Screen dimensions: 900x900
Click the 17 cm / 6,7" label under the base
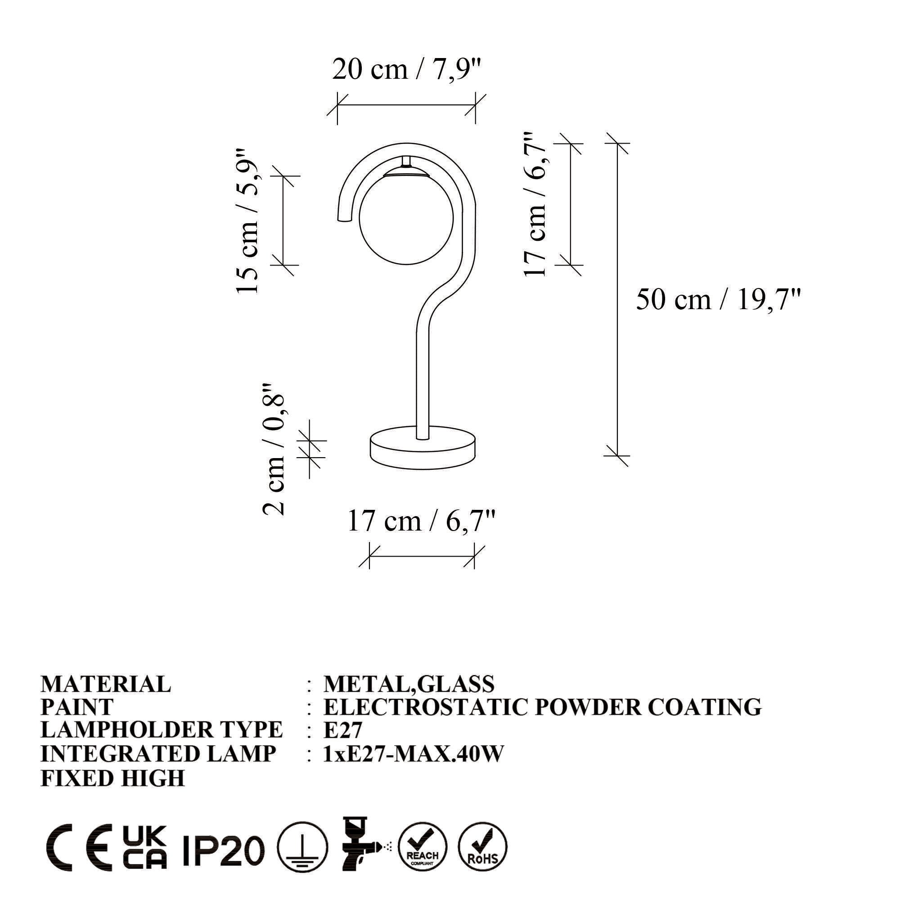tap(421, 521)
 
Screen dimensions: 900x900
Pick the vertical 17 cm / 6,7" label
tap(535, 204)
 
